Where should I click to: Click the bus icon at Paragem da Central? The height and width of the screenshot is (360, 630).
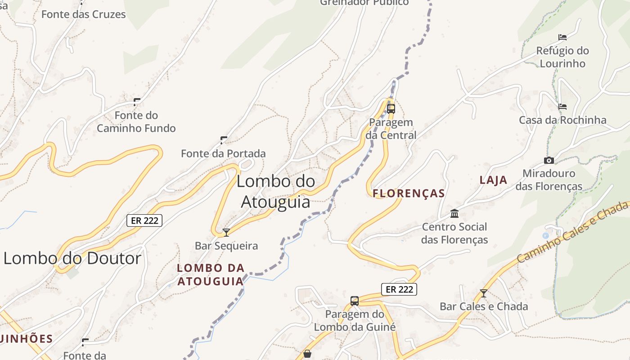pyautogui.click(x=391, y=108)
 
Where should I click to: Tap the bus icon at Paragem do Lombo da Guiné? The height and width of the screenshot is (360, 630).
pyautogui.click(x=355, y=301)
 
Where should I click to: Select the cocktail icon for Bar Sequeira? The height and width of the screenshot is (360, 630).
pyautogui.click(x=226, y=232)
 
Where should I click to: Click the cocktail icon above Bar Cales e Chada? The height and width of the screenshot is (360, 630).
pyautogui.click(x=483, y=293)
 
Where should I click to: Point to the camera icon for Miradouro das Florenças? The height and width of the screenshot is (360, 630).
pyautogui.click(x=549, y=160)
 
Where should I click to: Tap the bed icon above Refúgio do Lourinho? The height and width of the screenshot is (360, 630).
pyautogui.click(x=562, y=37)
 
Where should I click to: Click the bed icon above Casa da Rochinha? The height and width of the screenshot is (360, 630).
pyautogui.click(x=562, y=107)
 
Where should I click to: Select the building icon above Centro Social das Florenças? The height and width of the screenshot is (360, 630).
pyautogui.click(x=454, y=213)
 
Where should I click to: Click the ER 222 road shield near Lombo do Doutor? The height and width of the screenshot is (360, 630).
pyautogui.click(x=144, y=220)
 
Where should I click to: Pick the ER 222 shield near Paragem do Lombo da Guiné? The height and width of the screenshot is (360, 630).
pyautogui.click(x=399, y=289)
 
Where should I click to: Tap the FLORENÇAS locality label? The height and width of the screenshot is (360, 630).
pyautogui.click(x=409, y=193)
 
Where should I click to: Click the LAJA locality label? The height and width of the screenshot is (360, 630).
pyautogui.click(x=493, y=180)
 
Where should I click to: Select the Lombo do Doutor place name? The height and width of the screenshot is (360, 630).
pyautogui.click(x=72, y=258)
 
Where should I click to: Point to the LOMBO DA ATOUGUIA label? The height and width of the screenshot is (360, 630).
pyautogui.click(x=211, y=274)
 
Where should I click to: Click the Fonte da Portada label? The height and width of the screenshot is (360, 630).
pyautogui.click(x=223, y=153)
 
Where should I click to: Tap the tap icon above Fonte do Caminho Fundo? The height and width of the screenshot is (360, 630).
pyautogui.click(x=137, y=102)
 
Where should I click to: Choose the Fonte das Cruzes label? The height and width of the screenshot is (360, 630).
pyautogui.click(x=84, y=14)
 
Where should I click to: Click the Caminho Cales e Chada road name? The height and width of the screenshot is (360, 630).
pyautogui.click(x=572, y=232)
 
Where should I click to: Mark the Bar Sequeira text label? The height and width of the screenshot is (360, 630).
pyautogui.click(x=226, y=246)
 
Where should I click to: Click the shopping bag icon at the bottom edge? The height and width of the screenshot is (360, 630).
pyautogui.click(x=307, y=354)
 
